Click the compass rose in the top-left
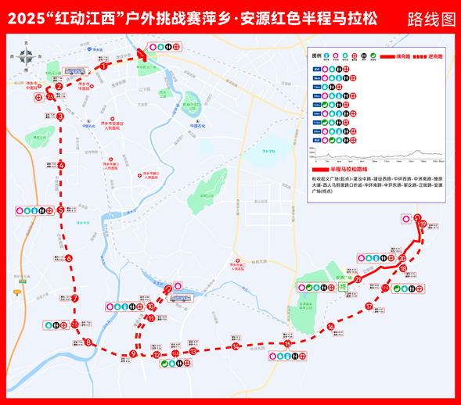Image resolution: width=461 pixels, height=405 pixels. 27,56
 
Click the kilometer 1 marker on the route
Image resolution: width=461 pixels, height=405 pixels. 103,66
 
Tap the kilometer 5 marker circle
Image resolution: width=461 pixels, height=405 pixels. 60,210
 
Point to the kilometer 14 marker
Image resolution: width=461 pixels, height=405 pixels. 235,346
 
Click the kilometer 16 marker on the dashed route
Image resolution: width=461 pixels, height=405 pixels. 331,327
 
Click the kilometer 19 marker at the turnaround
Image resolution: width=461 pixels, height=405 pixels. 423,224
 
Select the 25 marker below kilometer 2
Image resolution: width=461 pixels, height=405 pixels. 50,96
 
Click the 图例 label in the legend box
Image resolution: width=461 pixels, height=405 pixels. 316,57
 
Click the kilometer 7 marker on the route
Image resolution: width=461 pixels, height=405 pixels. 75,299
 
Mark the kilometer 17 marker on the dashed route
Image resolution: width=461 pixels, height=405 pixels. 368,306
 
